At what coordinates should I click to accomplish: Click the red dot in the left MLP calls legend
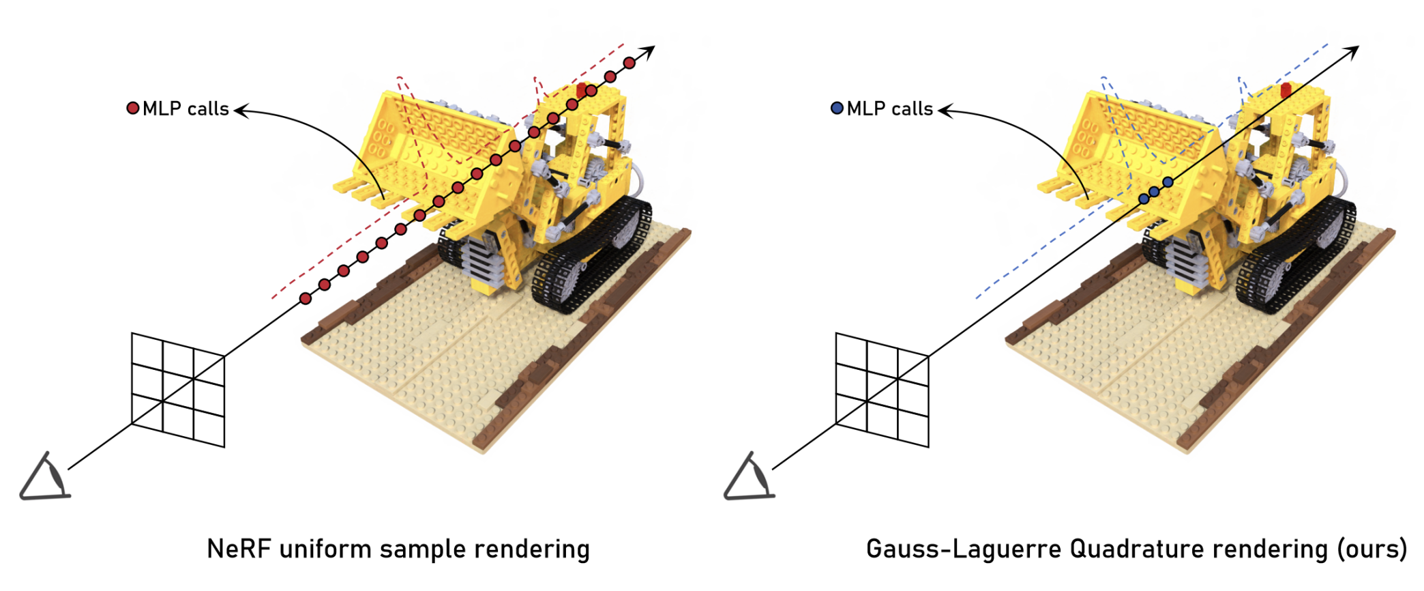[133, 108]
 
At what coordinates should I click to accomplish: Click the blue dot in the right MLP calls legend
[837, 108]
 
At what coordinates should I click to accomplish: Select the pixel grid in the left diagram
[177, 390]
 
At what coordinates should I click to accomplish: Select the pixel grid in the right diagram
[882, 390]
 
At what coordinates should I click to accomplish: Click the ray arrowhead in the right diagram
[1353, 51]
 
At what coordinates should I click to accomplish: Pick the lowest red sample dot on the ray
[306, 298]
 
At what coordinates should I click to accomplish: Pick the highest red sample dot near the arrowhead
[629, 63]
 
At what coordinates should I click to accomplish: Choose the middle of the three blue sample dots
[1154, 192]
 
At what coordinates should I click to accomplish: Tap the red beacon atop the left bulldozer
[581, 89]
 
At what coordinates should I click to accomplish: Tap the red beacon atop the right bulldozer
[1286, 89]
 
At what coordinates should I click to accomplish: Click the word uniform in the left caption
[325, 549]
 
